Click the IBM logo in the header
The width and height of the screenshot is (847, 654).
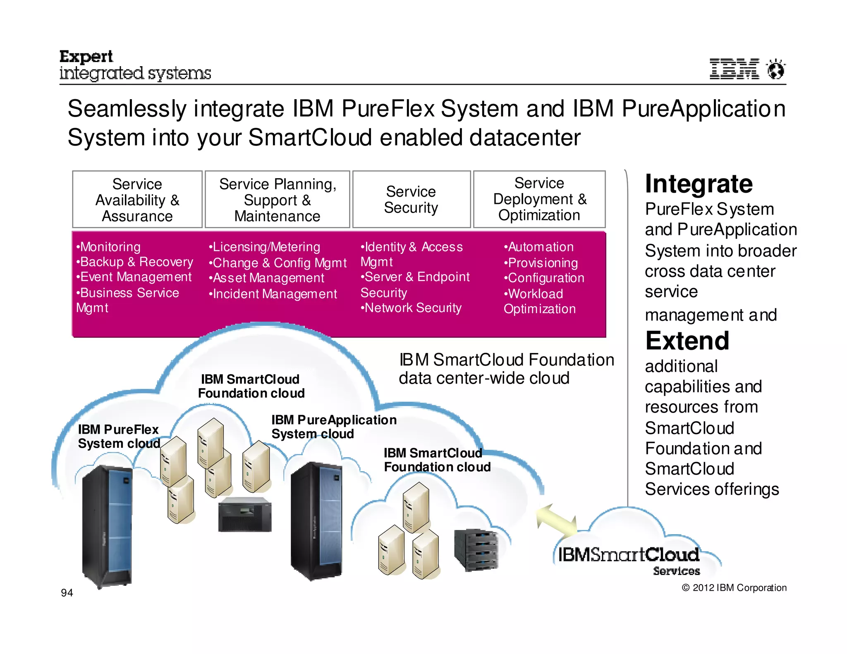734,69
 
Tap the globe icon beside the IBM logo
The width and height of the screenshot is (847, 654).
775,69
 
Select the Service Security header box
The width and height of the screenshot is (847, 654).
411,199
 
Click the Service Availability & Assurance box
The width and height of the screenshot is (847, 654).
137,199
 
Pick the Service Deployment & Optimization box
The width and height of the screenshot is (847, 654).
539,199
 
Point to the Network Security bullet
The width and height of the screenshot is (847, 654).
412,308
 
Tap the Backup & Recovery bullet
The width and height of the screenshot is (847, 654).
136,262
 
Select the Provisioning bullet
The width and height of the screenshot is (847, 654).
542,263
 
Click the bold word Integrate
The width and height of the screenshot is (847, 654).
699,184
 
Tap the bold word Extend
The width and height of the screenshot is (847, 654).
687,341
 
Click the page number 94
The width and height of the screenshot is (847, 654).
67,593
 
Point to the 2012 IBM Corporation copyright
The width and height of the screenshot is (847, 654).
734,588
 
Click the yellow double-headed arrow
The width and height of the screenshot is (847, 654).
556,521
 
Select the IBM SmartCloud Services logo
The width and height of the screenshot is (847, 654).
629,558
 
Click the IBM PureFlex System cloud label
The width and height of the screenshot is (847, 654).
119,437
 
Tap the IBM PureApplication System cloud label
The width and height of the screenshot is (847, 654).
333,427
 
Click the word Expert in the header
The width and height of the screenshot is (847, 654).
86,56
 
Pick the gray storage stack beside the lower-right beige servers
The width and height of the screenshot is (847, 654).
476,550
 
